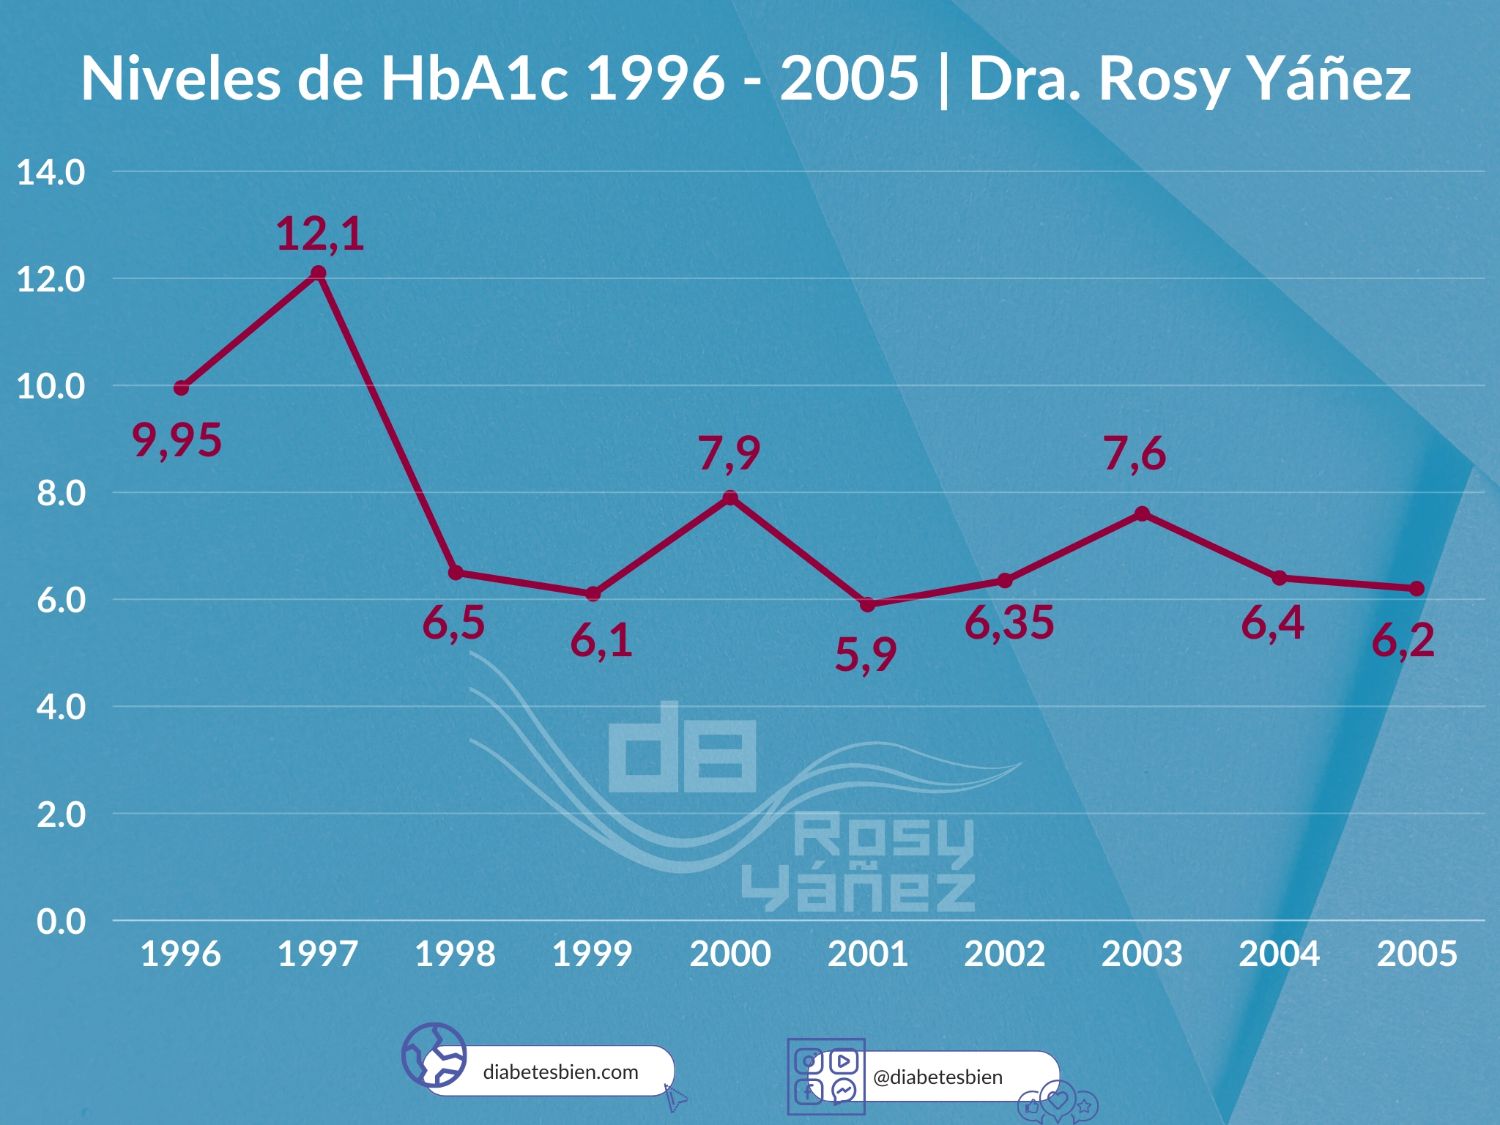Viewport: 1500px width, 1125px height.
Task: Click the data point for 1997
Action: [x=319, y=273]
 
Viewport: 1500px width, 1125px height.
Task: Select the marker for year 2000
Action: [x=730, y=498]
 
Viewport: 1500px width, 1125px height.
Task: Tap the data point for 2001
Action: [x=867, y=604]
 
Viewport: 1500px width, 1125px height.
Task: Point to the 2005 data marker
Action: [x=1417, y=589]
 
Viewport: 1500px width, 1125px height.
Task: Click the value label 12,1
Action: [x=320, y=234]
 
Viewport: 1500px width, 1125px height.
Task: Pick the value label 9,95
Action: [x=177, y=441]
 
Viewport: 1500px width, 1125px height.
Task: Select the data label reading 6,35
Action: [x=1009, y=623]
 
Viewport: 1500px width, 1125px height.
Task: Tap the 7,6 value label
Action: [x=1135, y=454]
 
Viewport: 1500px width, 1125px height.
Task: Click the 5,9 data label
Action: [x=866, y=654]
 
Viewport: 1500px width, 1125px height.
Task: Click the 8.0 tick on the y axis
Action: [x=62, y=494]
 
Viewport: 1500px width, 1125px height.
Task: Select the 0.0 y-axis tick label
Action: [x=62, y=921]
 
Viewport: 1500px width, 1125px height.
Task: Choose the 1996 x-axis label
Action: [x=181, y=954]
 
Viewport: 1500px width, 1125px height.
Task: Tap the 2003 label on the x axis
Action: [x=1142, y=954]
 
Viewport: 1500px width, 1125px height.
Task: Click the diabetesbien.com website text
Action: [x=560, y=1072]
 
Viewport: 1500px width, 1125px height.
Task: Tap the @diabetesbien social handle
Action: [x=937, y=1077]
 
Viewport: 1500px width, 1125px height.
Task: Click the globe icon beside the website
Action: [x=434, y=1055]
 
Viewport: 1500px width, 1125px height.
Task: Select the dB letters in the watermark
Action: [x=682, y=749]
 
